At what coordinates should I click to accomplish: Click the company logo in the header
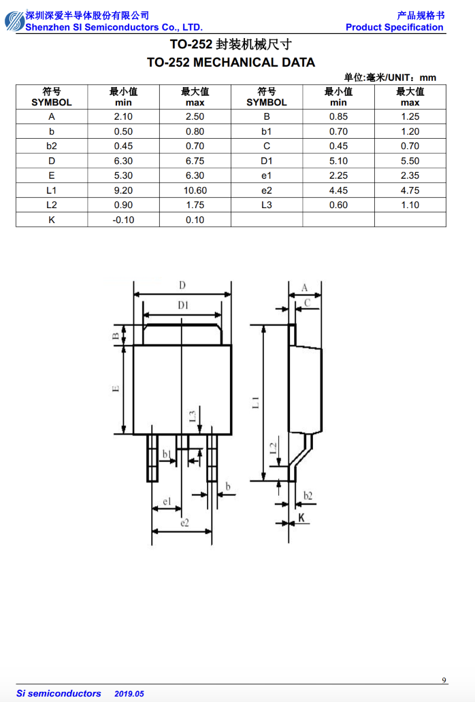click(14, 21)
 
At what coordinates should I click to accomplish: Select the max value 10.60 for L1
click(195, 190)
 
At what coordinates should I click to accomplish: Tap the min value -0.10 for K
click(123, 220)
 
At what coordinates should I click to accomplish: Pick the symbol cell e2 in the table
click(267, 190)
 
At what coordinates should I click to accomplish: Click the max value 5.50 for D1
click(410, 161)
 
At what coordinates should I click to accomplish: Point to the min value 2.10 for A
click(123, 116)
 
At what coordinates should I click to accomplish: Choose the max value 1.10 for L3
click(410, 205)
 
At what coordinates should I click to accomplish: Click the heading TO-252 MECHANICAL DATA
click(231, 62)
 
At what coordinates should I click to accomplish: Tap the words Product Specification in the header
click(395, 27)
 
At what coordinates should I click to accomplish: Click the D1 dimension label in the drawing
click(183, 305)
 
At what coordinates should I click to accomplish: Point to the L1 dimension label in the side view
click(255, 403)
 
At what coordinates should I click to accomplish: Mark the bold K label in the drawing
click(301, 518)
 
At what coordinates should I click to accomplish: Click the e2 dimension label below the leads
click(184, 522)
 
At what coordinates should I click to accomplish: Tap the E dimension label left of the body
click(116, 388)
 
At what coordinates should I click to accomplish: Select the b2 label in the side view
click(308, 496)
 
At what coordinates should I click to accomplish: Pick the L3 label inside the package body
click(192, 416)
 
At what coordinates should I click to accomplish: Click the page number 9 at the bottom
click(444, 680)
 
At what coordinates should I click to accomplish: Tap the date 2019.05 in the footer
click(129, 693)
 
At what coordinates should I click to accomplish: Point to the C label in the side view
click(307, 303)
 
